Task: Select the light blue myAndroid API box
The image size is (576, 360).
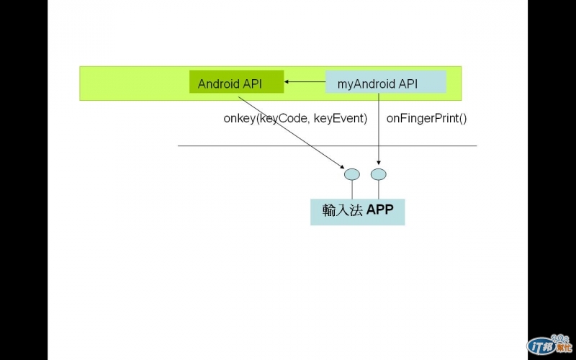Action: point(386,82)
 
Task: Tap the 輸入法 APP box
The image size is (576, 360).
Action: point(357,211)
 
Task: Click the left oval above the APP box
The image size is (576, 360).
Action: point(351,174)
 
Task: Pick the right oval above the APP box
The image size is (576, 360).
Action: point(379,174)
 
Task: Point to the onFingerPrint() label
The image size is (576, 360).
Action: point(427,117)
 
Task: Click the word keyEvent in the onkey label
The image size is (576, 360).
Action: point(341,117)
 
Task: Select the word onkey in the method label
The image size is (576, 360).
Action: point(240,117)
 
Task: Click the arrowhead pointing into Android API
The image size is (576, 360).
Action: point(287,82)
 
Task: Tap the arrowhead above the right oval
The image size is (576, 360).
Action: point(379,163)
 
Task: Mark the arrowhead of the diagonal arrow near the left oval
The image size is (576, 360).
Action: point(344,166)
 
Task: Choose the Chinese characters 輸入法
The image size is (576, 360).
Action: point(341,211)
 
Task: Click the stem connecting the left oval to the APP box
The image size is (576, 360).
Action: point(351,189)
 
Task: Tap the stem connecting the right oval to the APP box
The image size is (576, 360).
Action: point(379,189)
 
